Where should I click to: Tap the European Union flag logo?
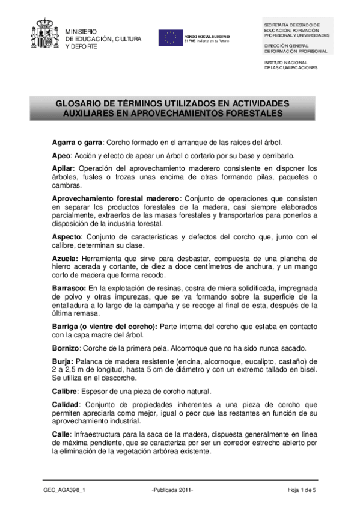click(170, 37)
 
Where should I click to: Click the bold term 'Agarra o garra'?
click(78, 143)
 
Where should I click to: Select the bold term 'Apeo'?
click(63, 155)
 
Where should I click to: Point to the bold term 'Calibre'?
click(66, 391)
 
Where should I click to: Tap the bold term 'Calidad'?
click(66, 404)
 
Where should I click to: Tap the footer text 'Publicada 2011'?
click(173, 491)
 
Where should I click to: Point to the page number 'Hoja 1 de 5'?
click(302, 491)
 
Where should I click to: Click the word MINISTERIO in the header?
click(81, 31)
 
